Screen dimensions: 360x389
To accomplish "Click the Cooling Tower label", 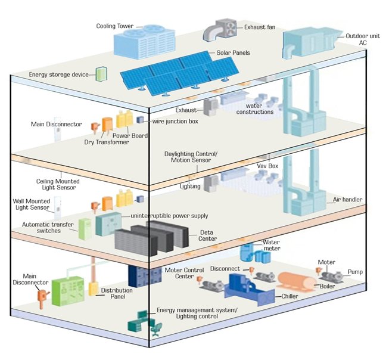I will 115,26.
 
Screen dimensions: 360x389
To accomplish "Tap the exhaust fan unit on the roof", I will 220,30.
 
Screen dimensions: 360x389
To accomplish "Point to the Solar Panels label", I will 233,53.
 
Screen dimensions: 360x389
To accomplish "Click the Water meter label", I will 271,246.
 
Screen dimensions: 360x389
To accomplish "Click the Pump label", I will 356,272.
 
